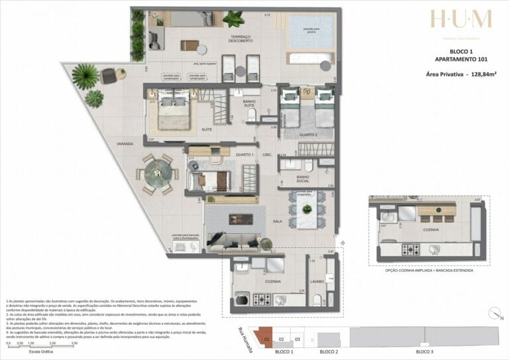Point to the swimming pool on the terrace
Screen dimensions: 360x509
310,31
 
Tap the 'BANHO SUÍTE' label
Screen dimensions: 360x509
251,103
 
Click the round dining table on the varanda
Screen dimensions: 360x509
158,174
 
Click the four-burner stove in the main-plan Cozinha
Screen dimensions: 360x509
257,300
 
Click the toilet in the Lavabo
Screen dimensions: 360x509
317,299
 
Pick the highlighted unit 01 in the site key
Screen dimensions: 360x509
266,339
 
